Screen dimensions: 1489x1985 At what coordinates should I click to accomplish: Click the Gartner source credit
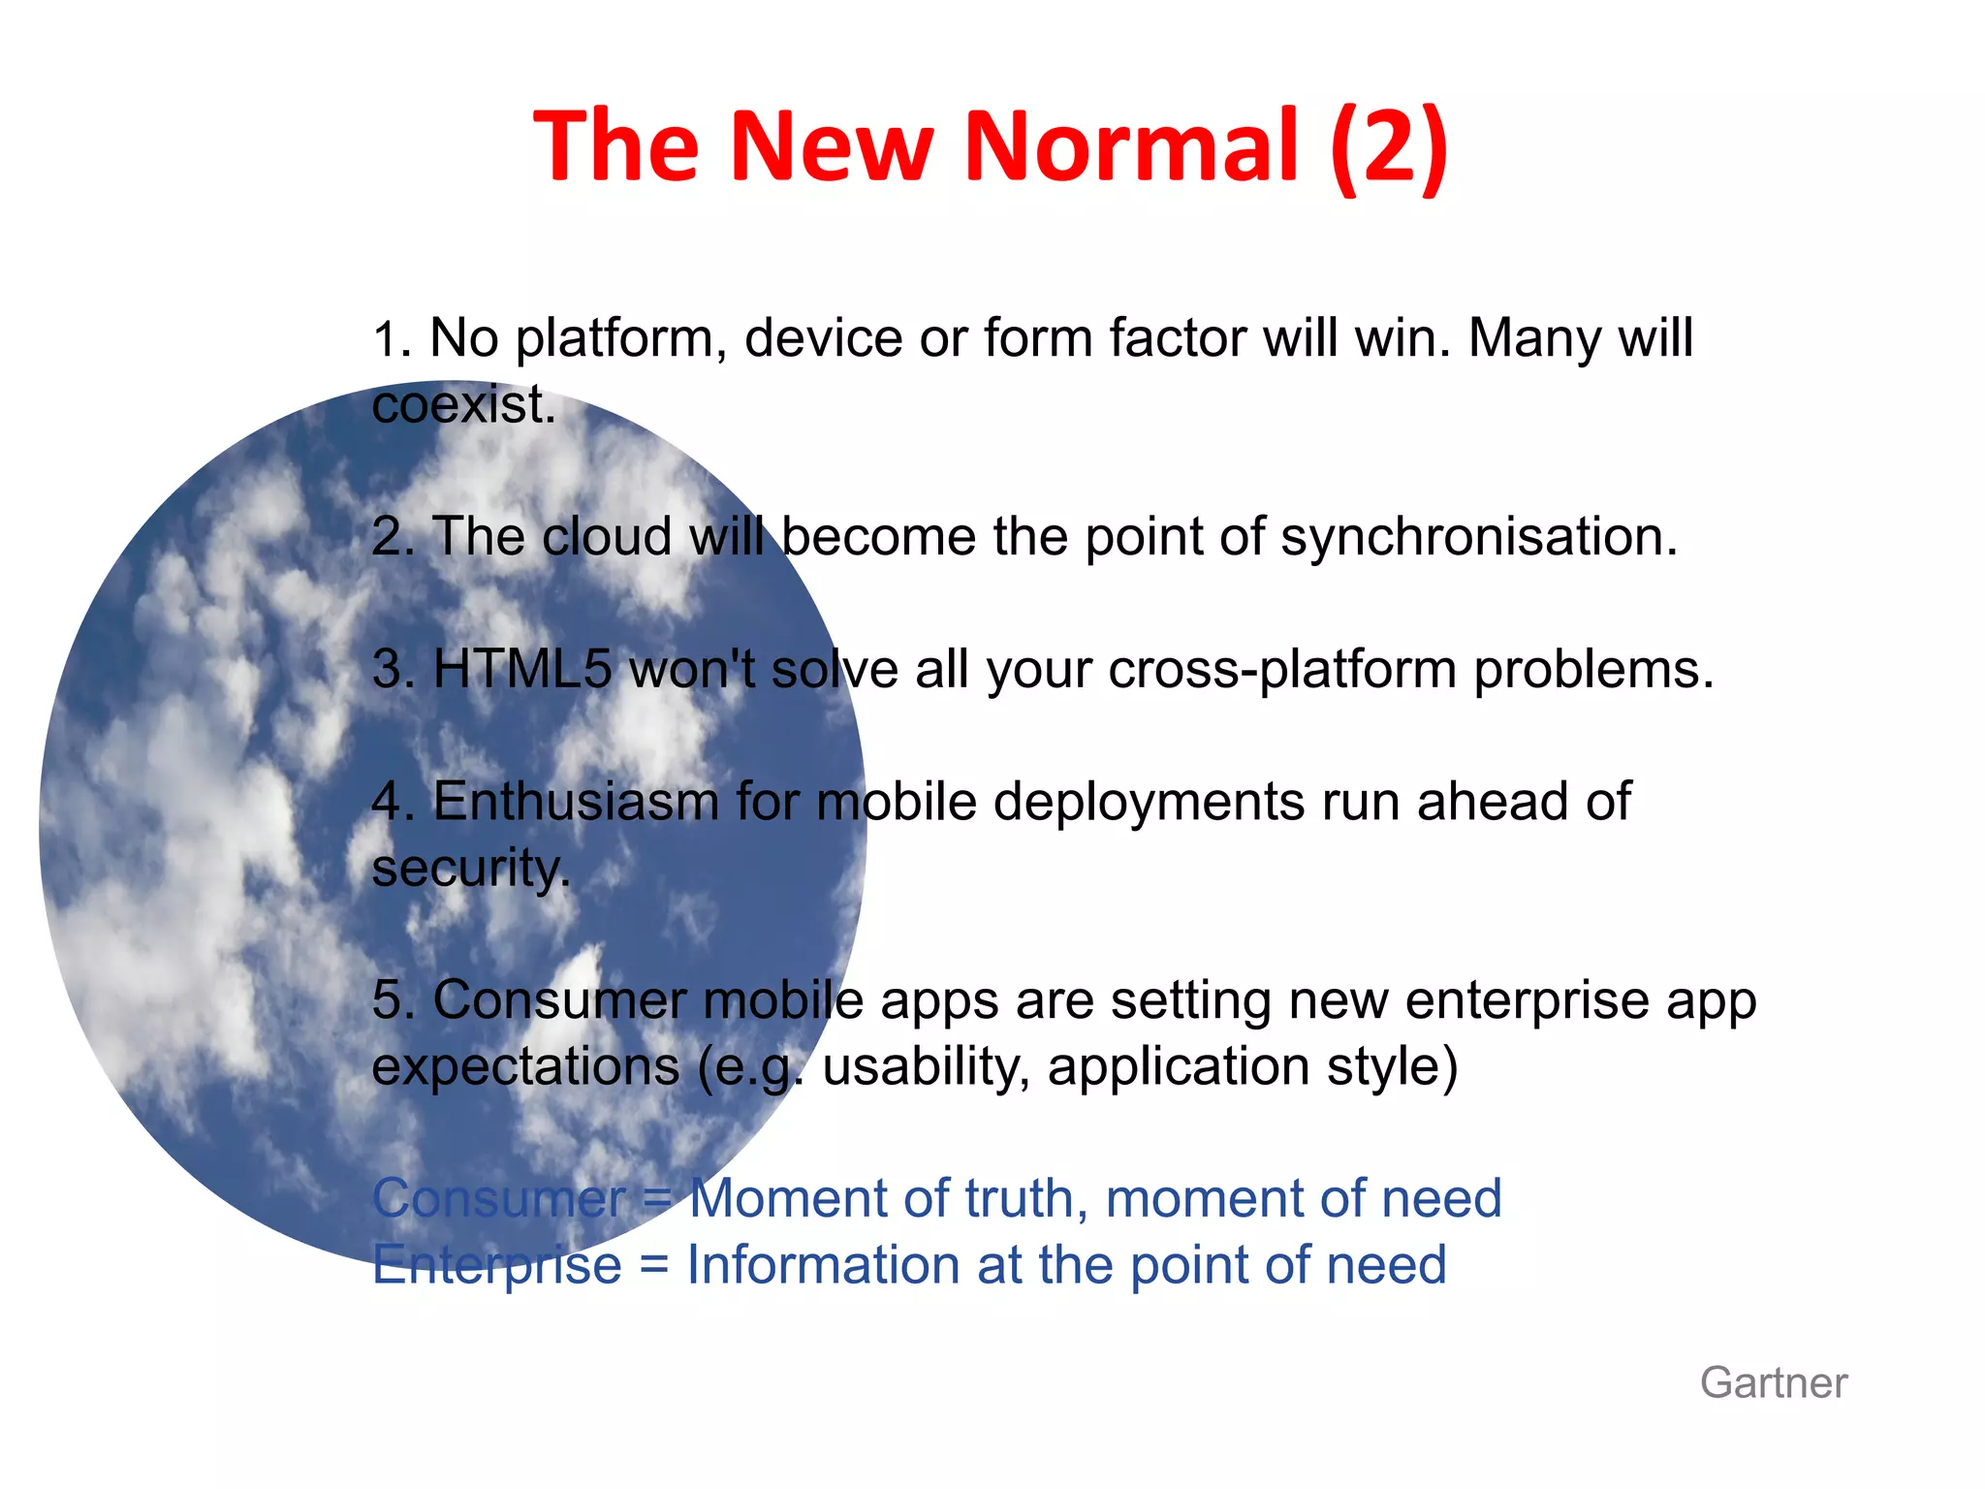click(1773, 1382)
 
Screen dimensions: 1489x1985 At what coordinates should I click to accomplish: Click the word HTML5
click(522, 669)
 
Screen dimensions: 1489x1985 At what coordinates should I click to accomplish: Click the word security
click(469, 869)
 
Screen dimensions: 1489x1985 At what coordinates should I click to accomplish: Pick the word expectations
click(525, 1067)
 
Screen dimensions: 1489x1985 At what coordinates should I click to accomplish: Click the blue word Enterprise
click(496, 1266)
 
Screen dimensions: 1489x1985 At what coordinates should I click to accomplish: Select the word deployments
click(1149, 804)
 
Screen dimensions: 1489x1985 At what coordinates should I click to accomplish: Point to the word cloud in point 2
click(607, 537)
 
